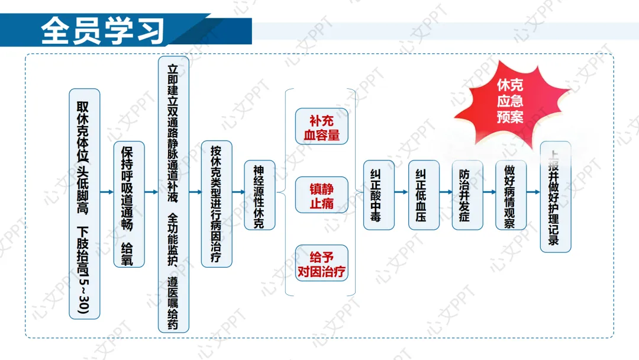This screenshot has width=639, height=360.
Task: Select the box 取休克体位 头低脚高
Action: click(84, 204)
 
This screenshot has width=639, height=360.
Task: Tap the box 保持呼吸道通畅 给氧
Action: click(128, 204)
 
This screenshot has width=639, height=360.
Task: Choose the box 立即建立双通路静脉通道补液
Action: click(173, 194)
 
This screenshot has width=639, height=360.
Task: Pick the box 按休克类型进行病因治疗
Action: click(217, 204)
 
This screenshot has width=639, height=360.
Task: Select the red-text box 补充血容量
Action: click(321, 127)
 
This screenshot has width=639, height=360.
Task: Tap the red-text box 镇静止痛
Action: click(321, 195)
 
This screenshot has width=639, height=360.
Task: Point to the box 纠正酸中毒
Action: click(378, 195)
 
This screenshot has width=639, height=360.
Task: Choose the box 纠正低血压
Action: click(424, 195)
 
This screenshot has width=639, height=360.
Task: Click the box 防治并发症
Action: click(467, 195)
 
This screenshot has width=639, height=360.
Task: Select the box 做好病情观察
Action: click(511, 195)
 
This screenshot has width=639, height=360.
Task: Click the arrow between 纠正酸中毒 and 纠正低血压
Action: click(401, 192)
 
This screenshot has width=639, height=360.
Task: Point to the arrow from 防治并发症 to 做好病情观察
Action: click(489, 192)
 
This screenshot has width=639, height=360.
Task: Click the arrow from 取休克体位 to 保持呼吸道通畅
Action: click(106, 192)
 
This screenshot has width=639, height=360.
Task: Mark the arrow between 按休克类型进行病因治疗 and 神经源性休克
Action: click(238, 192)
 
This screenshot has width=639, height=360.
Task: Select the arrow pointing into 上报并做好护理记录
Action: click(533, 192)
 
